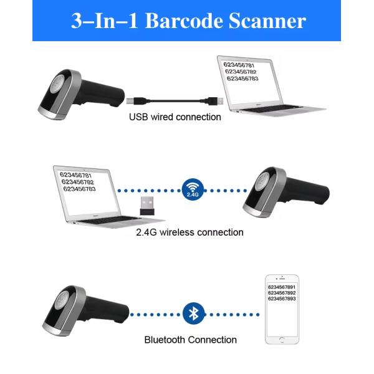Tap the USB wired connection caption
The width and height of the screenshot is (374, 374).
point(175,117)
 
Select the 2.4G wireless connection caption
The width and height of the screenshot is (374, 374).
point(189,233)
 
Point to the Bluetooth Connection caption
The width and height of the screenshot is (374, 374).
point(190,340)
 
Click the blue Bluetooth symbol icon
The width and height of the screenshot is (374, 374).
point(193,313)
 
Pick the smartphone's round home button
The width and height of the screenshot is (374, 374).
point(282,339)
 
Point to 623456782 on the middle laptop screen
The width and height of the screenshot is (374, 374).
point(79,182)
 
